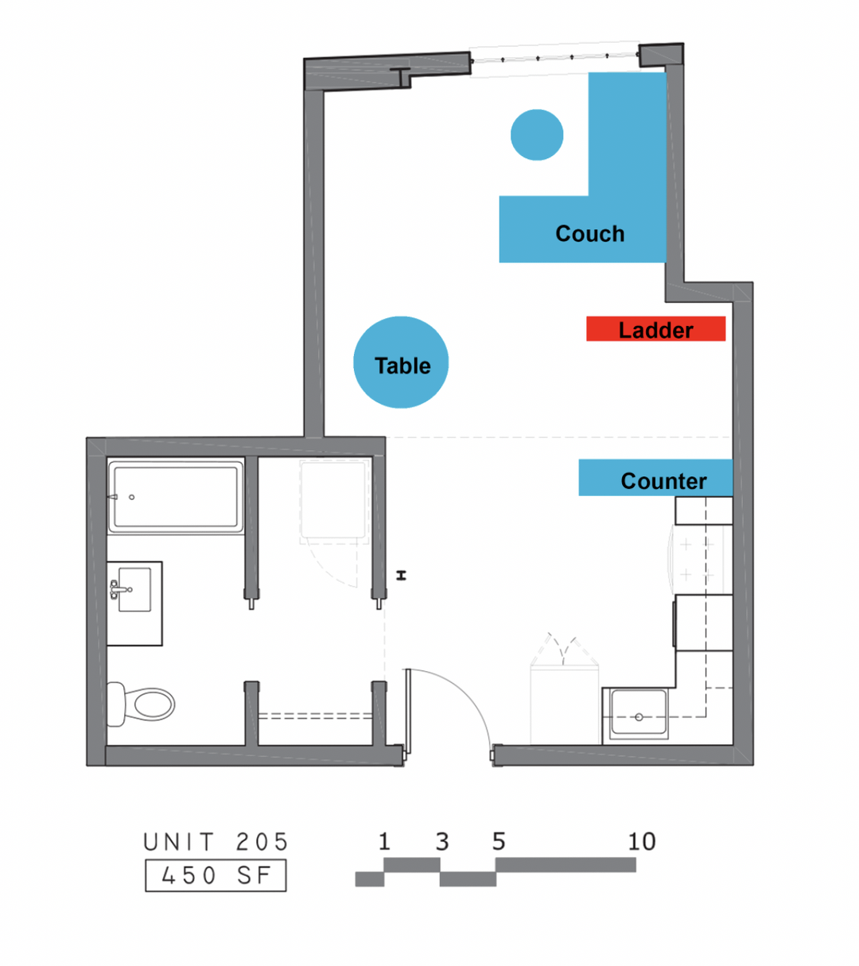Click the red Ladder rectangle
click(x=656, y=328)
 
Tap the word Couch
click(x=590, y=234)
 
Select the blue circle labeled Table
click(x=401, y=363)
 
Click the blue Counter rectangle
click(x=656, y=477)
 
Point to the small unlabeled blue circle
click(x=537, y=135)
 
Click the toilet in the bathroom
click(x=141, y=704)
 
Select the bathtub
click(x=176, y=496)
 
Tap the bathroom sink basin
click(x=134, y=589)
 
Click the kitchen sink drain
click(x=639, y=717)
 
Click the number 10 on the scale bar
click(x=642, y=841)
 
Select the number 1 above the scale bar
click(x=384, y=841)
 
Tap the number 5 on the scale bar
click(x=499, y=841)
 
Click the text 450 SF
click(x=216, y=875)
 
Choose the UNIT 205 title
click(x=216, y=842)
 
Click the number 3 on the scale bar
click(x=442, y=841)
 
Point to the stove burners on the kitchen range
click(x=697, y=559)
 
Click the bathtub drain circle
click(x=132, y=497)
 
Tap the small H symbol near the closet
click(x=402, y=576)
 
